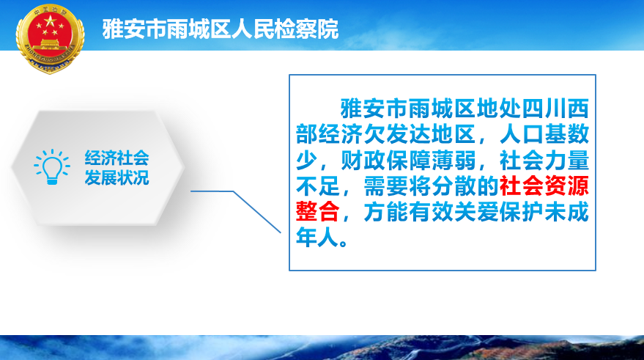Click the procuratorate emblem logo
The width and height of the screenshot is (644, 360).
click(x=50, y=39)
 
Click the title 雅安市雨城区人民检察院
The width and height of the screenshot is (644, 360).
click(x=220, y=29)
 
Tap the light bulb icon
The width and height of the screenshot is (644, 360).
click(x=52, y=166)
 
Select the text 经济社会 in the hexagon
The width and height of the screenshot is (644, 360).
click(x=116, y=158)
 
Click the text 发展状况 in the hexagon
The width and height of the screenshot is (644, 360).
click(x=116, y=177)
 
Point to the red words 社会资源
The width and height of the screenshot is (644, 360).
click(x=544, y=185)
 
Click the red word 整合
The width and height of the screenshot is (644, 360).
click(x=317, y=212)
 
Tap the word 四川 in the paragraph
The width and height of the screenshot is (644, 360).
click(x=544, y=109)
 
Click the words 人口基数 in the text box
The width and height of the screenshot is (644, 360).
click(x=544, y=134)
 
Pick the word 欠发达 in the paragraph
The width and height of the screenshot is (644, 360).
click(x=386, y=134)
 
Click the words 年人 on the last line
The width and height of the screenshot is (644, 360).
click(x=317, y=238)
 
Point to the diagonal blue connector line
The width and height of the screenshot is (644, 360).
click(x=257, y=212)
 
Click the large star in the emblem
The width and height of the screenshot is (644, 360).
click(x=50, y=20)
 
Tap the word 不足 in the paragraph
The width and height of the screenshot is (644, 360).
click(x=317, y=185)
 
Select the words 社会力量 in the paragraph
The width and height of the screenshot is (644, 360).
click(x=544, y=161)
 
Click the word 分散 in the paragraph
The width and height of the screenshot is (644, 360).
click(x=454, y=185)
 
